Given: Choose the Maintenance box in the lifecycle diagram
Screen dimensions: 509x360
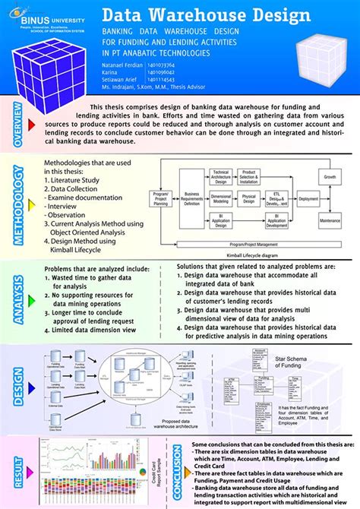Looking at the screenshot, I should [x=330, y=220].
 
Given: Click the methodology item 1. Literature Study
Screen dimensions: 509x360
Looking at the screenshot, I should [x=75, y=181].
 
